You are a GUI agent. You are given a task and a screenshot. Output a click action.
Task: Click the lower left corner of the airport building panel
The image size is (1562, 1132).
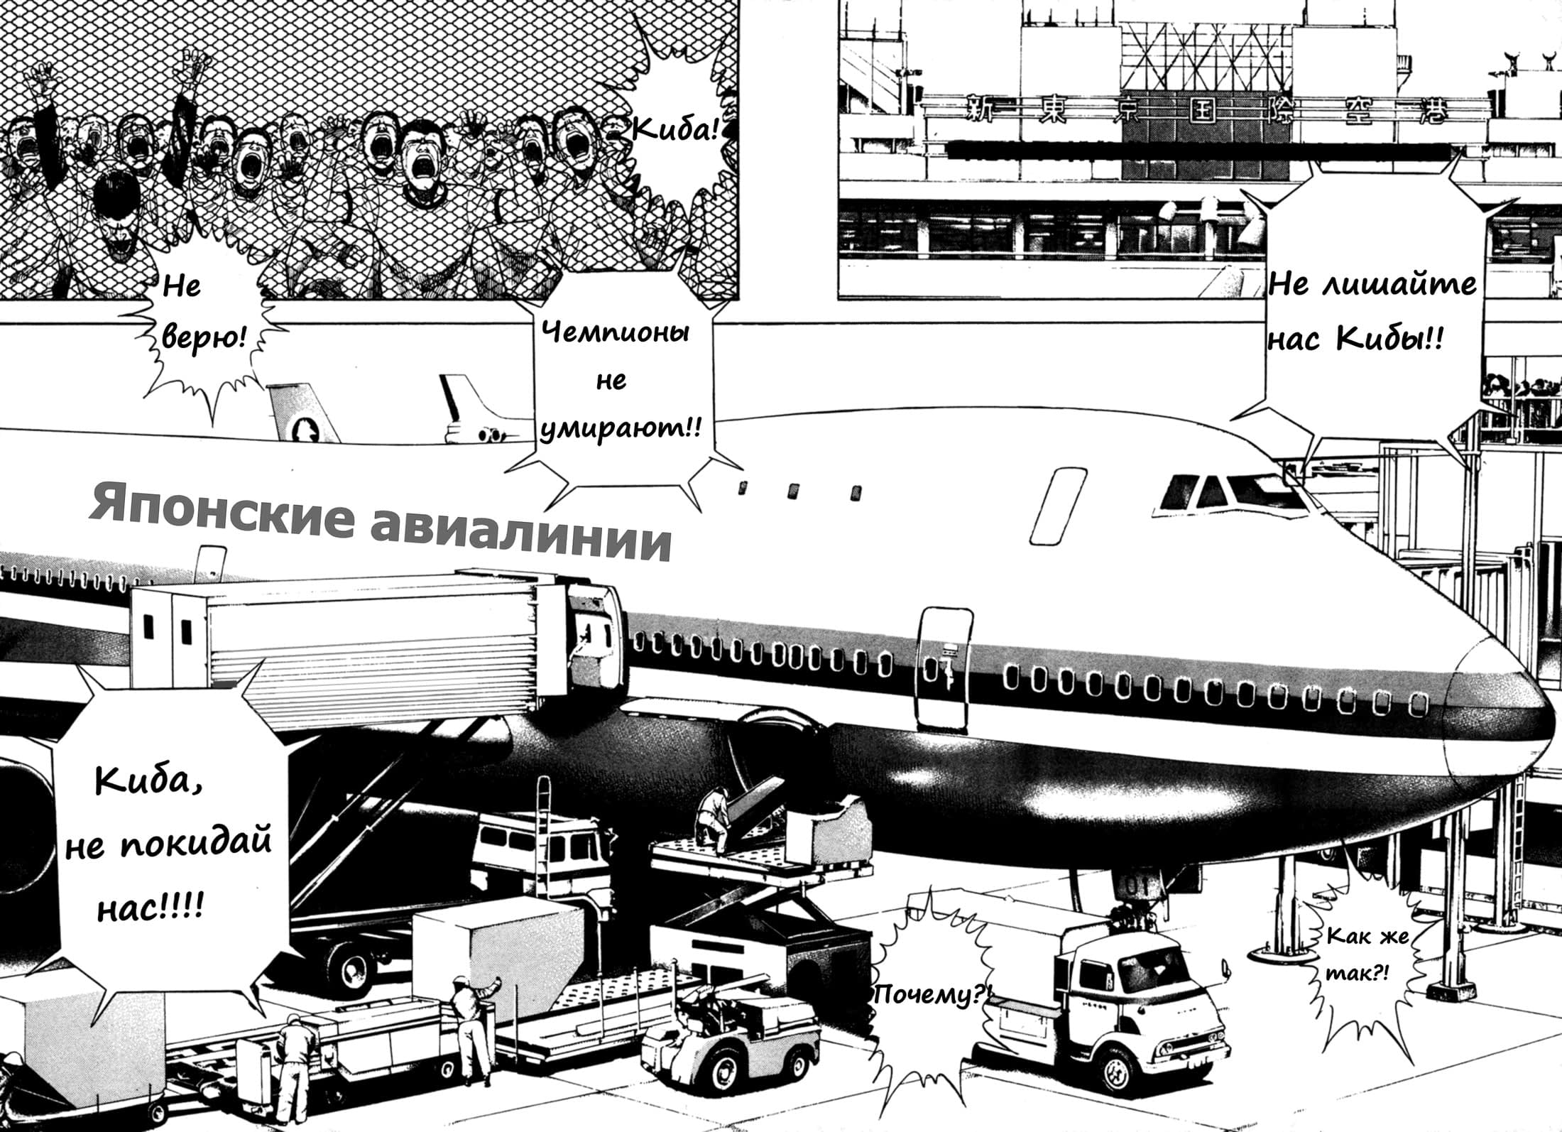[x=839, y=298]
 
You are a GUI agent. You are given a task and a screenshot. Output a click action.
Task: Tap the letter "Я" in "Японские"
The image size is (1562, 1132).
[x=106, y=505]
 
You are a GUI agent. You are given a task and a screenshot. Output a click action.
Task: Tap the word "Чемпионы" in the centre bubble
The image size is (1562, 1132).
[x=616, y=332]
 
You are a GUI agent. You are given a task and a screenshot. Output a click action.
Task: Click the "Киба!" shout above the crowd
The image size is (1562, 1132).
[x=675, y=130]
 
